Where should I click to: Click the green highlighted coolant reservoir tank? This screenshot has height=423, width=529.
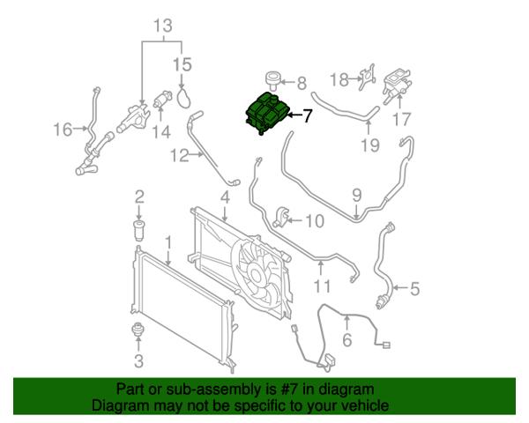coord(266,113)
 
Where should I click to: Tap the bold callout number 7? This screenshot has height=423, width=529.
coord(307,115)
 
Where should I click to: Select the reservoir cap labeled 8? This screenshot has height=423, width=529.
coord(272,80)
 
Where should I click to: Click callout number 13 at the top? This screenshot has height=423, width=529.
coord(163,26)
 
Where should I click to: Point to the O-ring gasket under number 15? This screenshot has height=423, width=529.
coord(184,98)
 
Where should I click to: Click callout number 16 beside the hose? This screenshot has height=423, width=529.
coord(63,130)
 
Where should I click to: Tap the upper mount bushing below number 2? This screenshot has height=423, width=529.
coord(139,230)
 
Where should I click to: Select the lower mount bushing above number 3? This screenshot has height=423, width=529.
coord(138,329)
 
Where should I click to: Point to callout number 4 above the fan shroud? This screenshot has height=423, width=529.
coord(225,197)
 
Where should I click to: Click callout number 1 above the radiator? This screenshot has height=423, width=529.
coord(168,243)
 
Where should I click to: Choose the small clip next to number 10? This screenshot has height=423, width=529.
coord(280,217)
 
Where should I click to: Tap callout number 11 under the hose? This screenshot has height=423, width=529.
coord(322,286)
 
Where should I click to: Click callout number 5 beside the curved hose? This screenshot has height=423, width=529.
coord(414,289)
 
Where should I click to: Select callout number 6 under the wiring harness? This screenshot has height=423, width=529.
coord(347,339)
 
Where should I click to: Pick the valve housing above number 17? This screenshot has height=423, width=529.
coord(397,85)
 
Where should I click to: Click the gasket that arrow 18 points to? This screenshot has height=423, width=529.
coord(367,78)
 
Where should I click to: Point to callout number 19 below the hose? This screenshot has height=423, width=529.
coord(370,145)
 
